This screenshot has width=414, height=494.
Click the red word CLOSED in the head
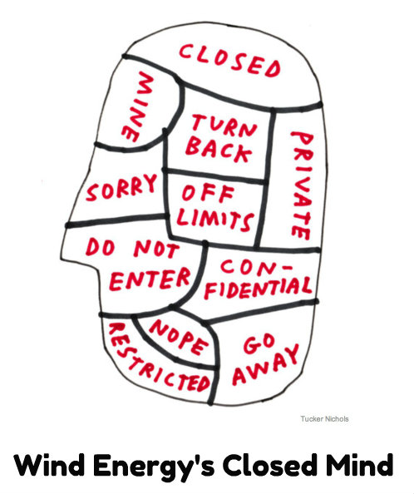coord(229,61)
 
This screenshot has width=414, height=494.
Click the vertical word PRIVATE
coord(302,185)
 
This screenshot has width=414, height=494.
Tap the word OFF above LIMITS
coord(208,192)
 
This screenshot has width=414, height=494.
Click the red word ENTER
coord(150,279)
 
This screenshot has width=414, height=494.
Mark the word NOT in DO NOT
coord(156,249)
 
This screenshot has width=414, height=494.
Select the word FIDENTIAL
coord(259,288)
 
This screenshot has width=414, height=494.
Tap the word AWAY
coord(266,364)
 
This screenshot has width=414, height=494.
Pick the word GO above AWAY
coord(259,343)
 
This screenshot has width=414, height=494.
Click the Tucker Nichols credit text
coord(324,418)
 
